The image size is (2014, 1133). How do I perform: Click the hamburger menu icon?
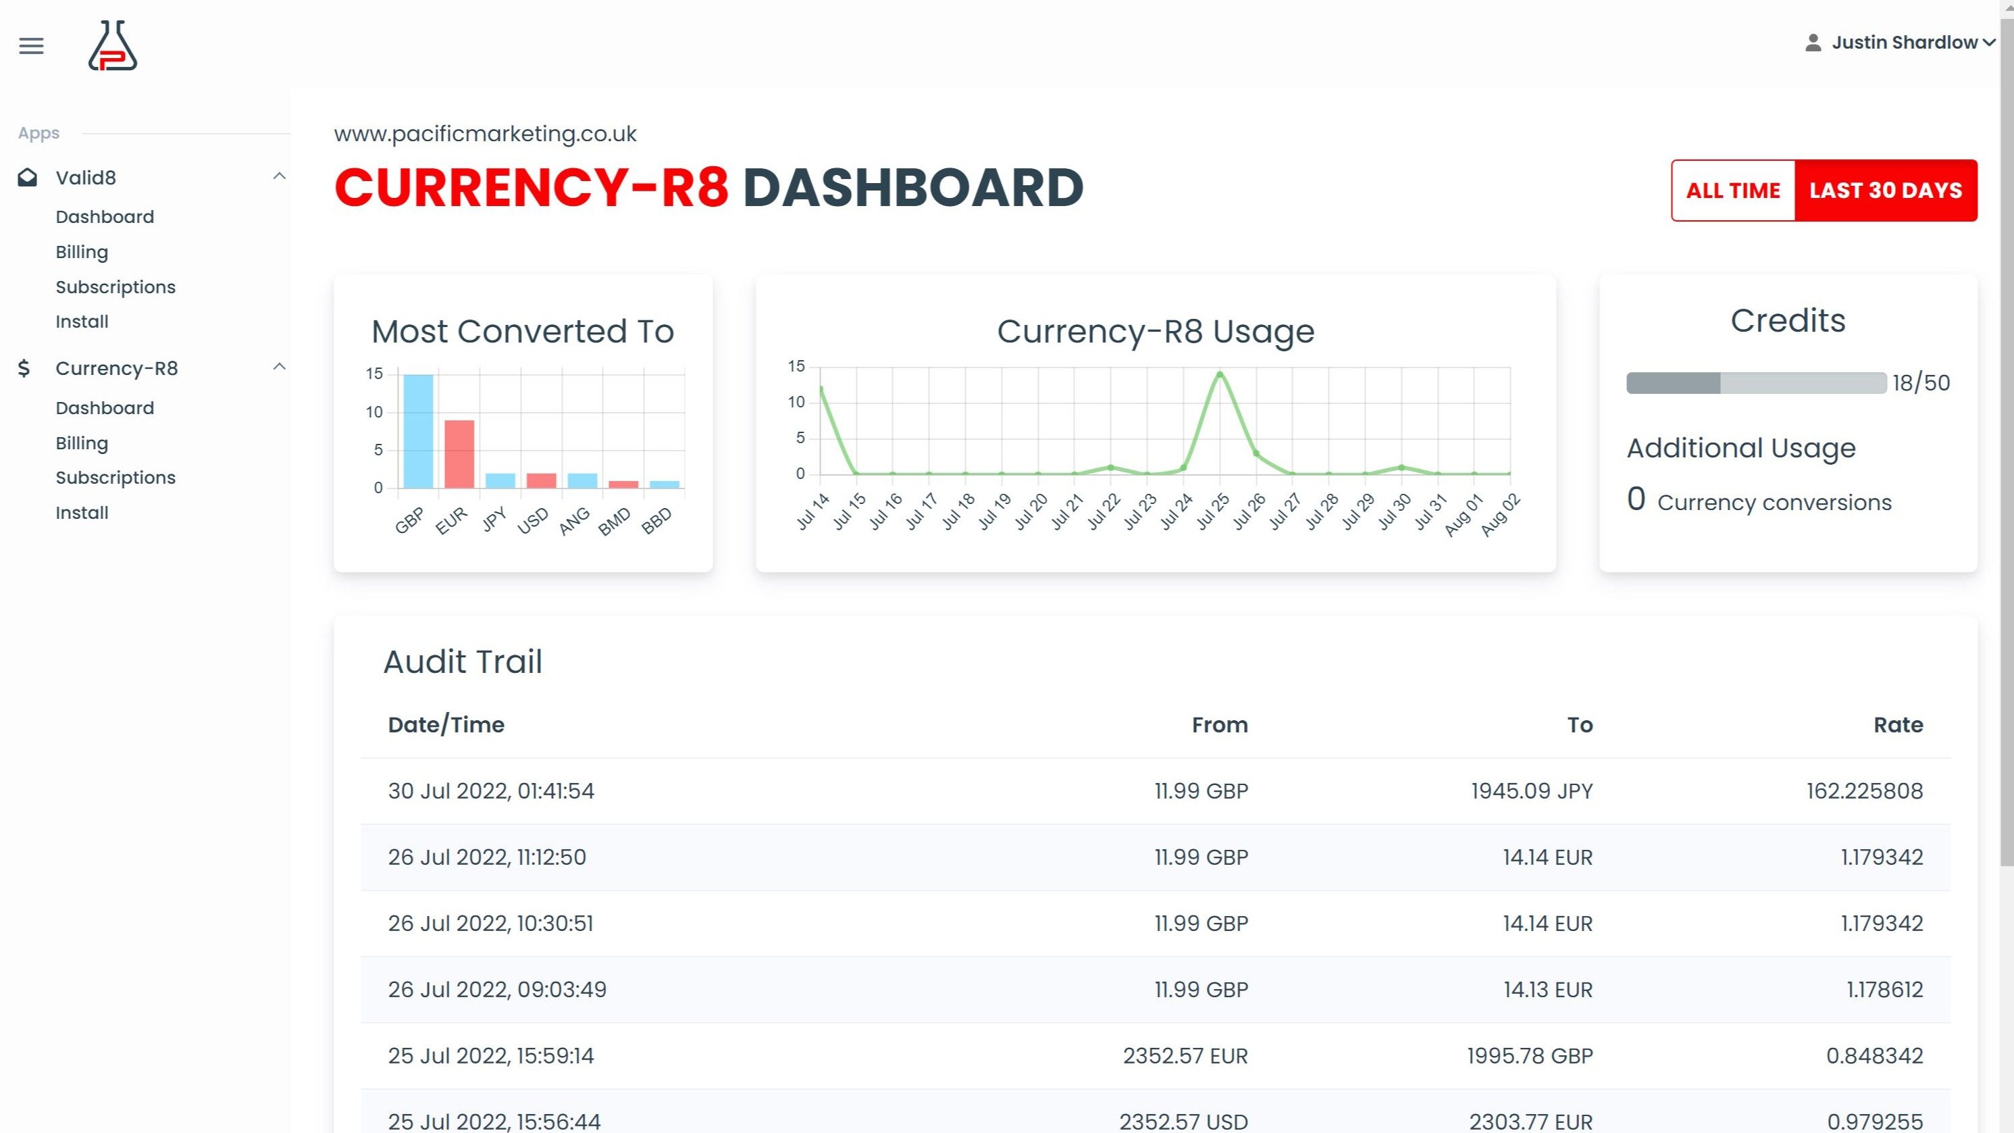[31, 46]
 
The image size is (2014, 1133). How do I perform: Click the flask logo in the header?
[113, 46]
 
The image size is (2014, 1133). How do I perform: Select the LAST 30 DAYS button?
[1885, 191]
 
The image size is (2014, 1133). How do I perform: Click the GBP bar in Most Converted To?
[418, 431]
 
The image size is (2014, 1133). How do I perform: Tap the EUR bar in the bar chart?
[459, 453]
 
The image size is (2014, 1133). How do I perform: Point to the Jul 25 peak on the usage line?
[1220, 374]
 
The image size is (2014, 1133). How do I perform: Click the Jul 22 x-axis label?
[1104, 512]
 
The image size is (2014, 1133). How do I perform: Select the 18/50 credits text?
[1920, 383]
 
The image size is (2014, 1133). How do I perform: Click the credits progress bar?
[1756, 383]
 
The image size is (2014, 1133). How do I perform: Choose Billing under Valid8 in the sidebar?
[82, 252]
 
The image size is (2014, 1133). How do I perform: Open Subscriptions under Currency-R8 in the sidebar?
[115, 478]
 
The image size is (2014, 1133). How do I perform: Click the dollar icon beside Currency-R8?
[24, 368]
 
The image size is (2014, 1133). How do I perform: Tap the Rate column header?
[1898, 725]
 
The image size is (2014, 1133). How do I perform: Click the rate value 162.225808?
[1864, 791]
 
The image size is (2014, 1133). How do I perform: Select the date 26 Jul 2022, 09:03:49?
[497, 990]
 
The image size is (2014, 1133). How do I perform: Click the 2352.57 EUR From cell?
[1185, 1057]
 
